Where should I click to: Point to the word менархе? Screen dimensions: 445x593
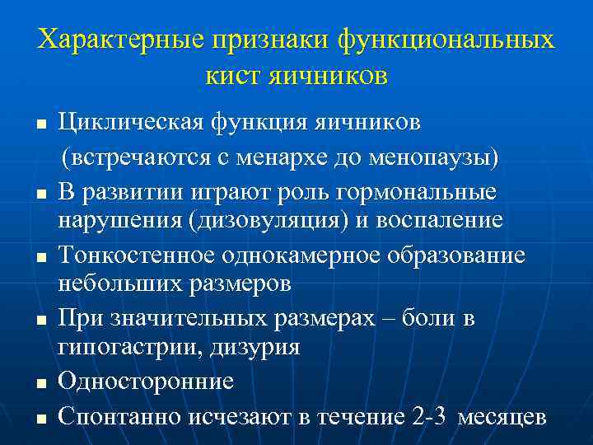click(323, 158)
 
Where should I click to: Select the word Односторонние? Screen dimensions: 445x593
click(147, 382)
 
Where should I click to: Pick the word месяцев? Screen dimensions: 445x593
click(502, 417)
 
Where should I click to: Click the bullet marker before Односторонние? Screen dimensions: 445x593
click(40, 383)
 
